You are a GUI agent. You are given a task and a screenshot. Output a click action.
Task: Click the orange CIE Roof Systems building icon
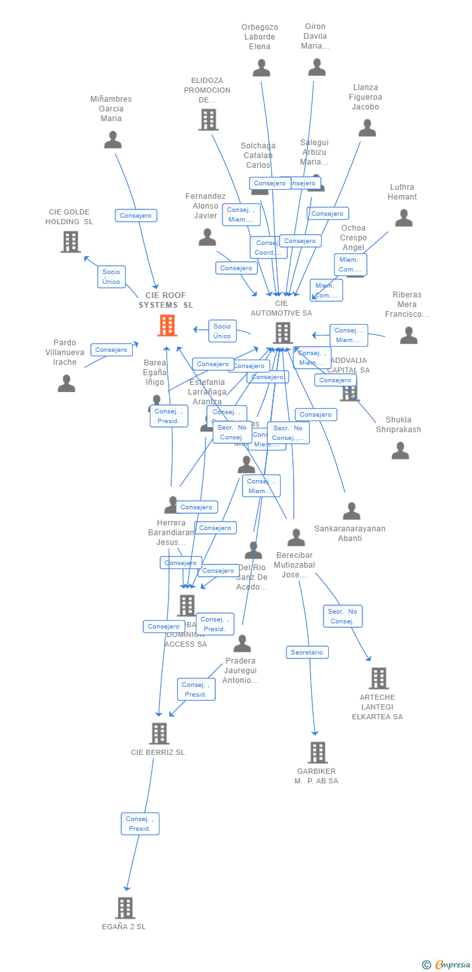pyautogui.click(x=167, y=325)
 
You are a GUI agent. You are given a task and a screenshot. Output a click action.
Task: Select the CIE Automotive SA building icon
pyautogui.click(x=283, y=332)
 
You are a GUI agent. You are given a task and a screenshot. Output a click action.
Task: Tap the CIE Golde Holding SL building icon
pyautogui.click(x=71, y=242)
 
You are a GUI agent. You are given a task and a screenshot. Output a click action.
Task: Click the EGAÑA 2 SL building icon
pyautogui.click(x=125, y=908)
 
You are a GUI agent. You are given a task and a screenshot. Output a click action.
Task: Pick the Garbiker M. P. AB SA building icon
pyautogui.click(x=317, y=752)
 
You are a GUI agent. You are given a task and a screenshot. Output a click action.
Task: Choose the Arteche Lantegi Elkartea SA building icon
pyautogui.click(x=378, y=678)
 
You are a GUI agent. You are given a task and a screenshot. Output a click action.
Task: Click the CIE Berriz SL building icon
pyautogui.click(x=159, y=734)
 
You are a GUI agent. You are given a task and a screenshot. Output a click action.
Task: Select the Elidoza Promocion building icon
pyautogui.click(x=208, y=120)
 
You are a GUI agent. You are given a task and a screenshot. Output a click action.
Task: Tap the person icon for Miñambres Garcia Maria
pyautogui.click(x=113, y=140)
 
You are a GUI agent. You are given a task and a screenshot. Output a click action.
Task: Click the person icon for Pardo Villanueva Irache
pyautogui.click(x=66, y=384)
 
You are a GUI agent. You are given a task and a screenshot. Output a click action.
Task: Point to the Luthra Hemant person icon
pyautogui.click(x=403, y=218)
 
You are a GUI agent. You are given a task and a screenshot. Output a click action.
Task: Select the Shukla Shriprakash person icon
pyautogui.click(x=400, y=450)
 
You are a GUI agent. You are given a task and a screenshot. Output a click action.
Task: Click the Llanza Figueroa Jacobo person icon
pyautogui.click(x=367, y=128)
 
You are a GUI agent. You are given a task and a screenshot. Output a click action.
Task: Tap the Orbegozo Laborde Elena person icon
pyautogui.click(x=261, y=68)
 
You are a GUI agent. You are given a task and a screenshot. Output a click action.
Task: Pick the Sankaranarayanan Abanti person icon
pyautogui.click(x=351, y=511)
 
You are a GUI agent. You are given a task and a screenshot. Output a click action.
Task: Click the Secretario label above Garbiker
pyautogui.click(x=307, y=653)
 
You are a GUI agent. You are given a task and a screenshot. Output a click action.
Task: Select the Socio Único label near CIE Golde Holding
pyautogui.click(x=111, y=277)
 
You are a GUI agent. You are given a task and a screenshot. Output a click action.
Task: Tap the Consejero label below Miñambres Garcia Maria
pyautogui.click(x=136, y=216)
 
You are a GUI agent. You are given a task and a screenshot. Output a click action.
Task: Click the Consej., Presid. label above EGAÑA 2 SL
pyautogui.click(x=139, y=824)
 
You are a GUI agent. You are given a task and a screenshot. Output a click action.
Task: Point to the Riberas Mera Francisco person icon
pyautogui.click(x=408, y=335)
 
